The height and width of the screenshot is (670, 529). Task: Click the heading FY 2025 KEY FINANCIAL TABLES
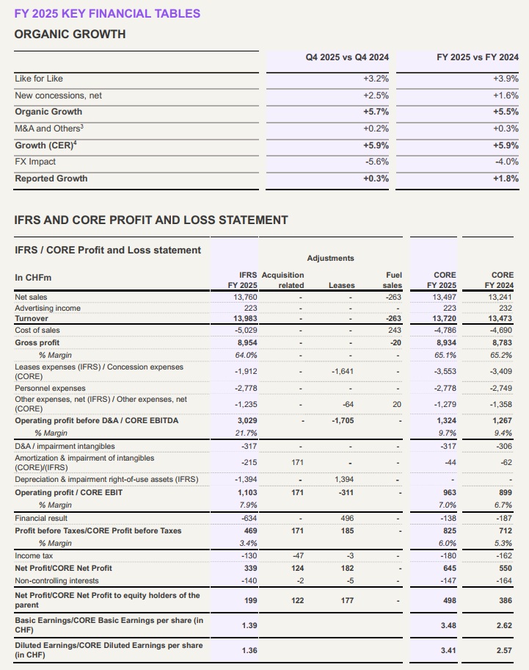(107, 13)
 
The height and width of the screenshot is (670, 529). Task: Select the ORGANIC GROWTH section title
(70, 34)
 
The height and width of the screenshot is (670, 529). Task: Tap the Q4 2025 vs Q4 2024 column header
(347, 57)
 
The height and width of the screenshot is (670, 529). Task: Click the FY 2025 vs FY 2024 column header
(477, 57)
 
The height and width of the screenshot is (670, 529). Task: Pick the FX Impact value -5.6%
(376, 162)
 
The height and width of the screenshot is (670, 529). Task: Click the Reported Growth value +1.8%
(506, 179)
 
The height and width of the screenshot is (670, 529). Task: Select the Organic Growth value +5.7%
(376, 112)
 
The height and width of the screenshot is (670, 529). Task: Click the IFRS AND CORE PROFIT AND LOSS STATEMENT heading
(151, 220)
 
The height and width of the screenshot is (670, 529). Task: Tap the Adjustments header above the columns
(330, 258)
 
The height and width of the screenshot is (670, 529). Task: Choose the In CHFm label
(32, 277)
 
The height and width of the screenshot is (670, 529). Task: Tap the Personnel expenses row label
(50, 388)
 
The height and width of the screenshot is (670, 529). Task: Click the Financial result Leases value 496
(348, 518)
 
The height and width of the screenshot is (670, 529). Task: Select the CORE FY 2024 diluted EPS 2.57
(503, 651)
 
